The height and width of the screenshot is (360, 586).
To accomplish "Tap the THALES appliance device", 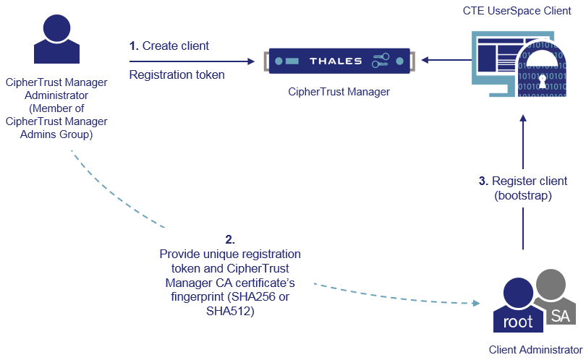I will tap(337, 61).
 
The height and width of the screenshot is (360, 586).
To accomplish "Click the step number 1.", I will tap(133, 46).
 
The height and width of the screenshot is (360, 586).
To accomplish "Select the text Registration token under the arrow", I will tap(177, 74).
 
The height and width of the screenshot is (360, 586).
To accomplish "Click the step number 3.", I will tap(483, 181).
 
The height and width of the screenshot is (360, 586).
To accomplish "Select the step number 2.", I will tap(230, 239).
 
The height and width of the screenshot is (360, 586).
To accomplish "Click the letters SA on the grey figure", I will tap(559, 315).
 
